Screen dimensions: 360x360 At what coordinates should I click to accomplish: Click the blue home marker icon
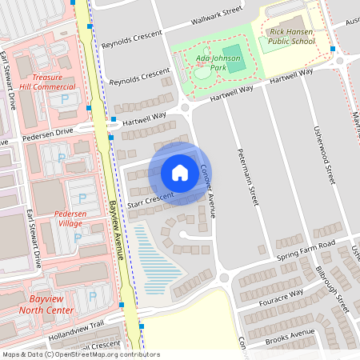pyautogui.click(x=180, y=173)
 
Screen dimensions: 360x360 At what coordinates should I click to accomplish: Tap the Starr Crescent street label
pyautogui.click(x=150, y=198)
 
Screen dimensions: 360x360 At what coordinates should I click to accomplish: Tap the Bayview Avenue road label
pyautogui.click(x=118, y=228)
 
